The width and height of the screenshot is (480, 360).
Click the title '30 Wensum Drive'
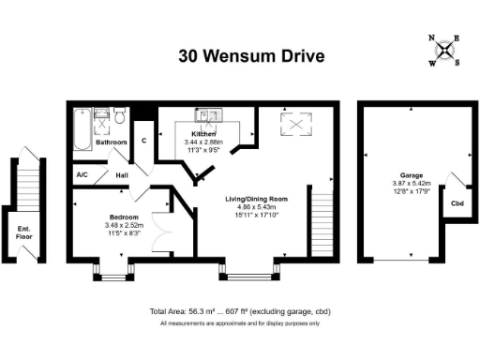(x=251, y=55)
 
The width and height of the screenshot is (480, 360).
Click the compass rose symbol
(x=444, y=51)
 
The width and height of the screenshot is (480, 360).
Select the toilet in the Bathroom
(x=119, y=115)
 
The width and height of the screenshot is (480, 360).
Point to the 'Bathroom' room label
(x=111, y=142)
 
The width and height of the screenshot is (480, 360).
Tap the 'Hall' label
(x=122, y=174)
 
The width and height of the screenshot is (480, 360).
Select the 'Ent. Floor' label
(x=23, y=233)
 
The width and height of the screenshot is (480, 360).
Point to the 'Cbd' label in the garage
(x=457, y=203)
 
